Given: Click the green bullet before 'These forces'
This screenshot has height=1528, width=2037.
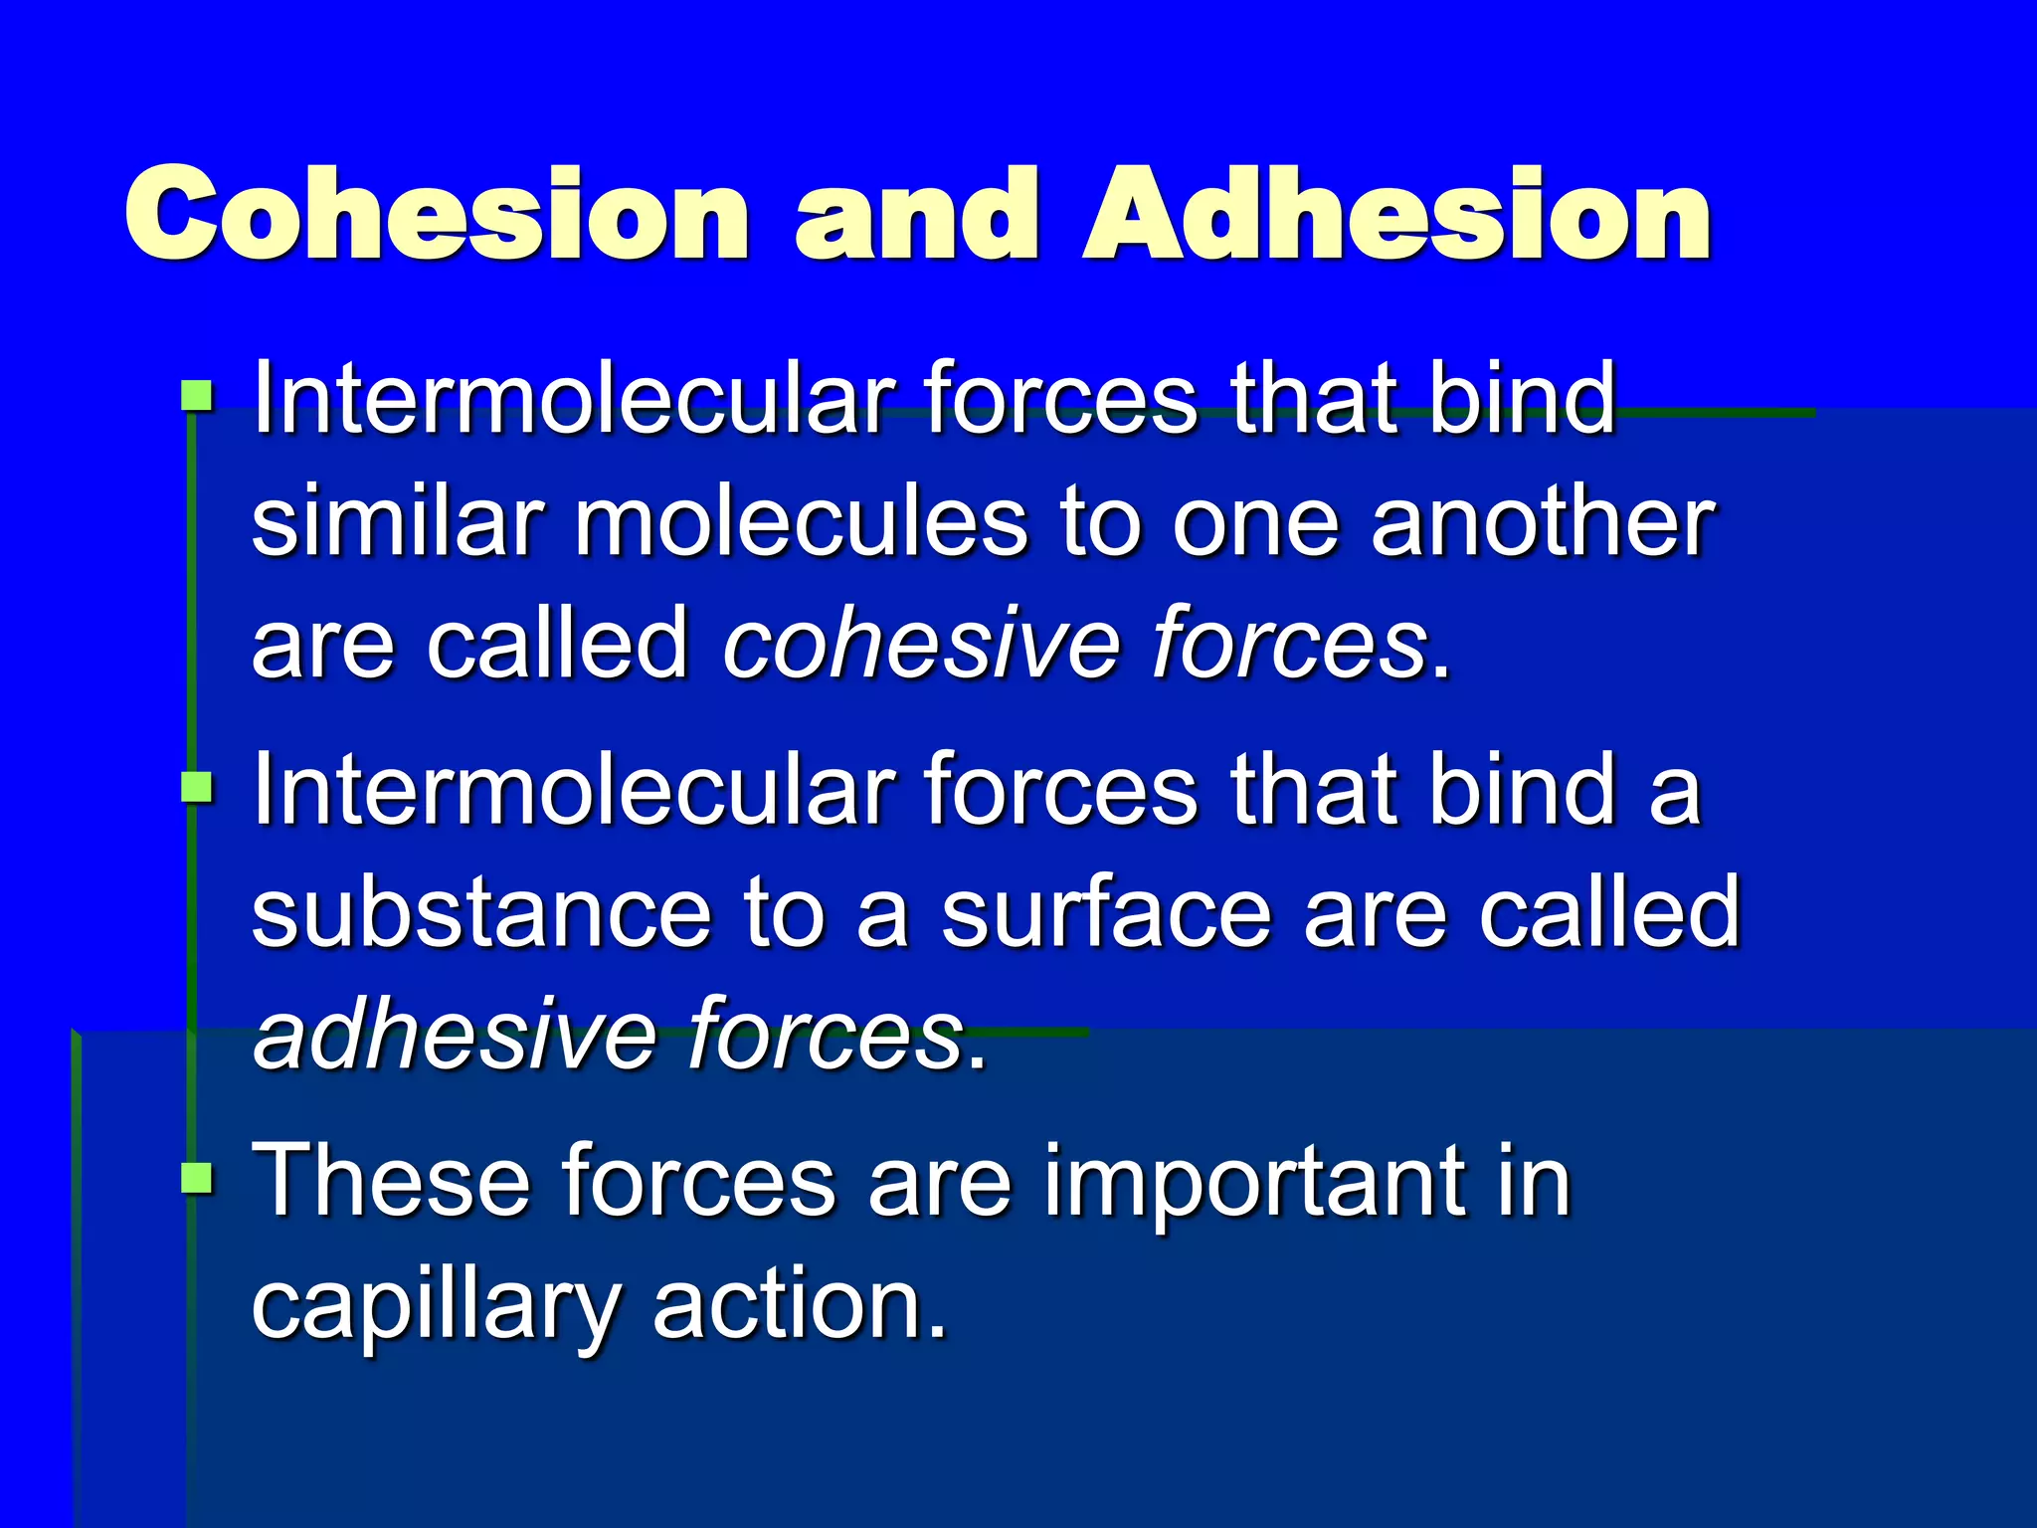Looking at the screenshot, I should point(197,1178).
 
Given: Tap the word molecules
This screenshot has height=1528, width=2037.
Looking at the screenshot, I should point(801,521).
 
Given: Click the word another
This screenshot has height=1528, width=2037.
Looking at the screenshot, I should point(1543,521).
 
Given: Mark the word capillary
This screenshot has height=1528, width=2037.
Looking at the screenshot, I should point(436,1305).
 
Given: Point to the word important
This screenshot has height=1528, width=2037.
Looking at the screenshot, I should point(1254,1181).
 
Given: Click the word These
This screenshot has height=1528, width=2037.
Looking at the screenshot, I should point(391,1181).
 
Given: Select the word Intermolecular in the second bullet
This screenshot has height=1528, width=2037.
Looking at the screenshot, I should point(573,790).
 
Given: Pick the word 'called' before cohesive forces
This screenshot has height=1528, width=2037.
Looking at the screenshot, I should point(558,644).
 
